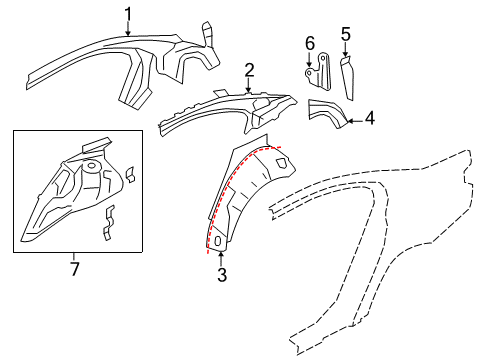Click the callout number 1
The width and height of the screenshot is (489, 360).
tap(128, 13)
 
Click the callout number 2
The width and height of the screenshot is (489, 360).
tap(249, 69)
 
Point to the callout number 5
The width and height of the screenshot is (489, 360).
tap(345, 37)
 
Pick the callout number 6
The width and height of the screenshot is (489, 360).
tap(310, 42)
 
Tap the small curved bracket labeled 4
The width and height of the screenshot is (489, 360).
tap(327, 114)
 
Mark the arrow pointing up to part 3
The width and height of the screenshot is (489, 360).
tap(221, 258)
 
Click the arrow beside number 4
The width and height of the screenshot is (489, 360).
tap(354, 119)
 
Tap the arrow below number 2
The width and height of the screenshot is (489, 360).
tap(249, 86)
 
